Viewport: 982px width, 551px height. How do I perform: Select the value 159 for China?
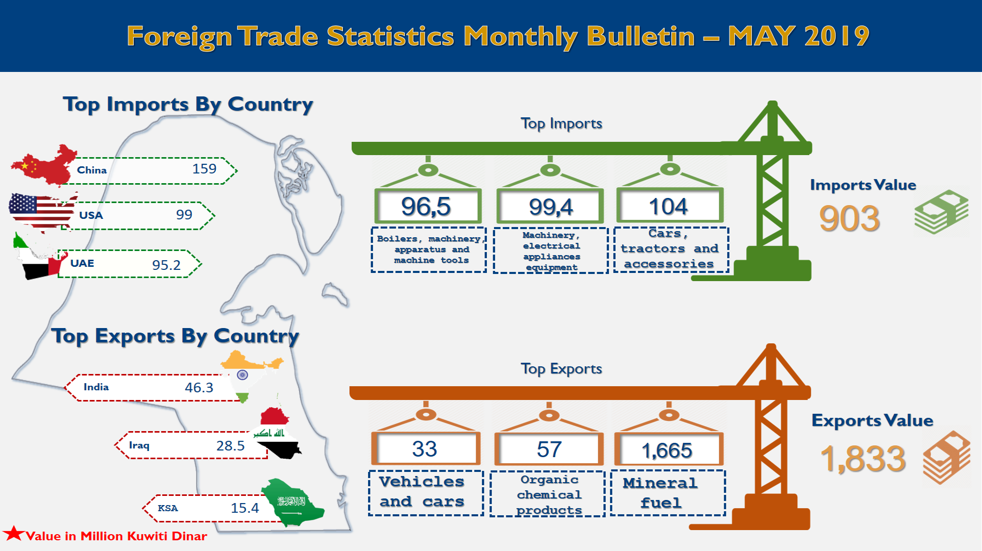click(204, 169)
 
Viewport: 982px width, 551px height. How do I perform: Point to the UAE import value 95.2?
click(166, 265)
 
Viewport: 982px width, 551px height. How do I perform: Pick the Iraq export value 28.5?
click(230, 445)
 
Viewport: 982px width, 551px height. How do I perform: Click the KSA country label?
click(168, 508)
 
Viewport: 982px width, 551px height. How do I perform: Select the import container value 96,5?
click(426, 207)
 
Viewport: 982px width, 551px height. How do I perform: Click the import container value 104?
click(668, 207)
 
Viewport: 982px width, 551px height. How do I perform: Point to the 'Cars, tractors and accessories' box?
click(671, 249)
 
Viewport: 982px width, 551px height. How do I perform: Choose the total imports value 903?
click(849, 218)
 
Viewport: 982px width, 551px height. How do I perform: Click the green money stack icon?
click(941, 212)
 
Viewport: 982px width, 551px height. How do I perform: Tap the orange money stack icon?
click(946, 457)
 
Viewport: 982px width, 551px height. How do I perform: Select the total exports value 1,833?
click(863, 458)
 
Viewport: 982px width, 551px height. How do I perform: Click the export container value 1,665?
click(667, 450)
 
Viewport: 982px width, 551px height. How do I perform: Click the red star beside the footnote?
click(14, 534)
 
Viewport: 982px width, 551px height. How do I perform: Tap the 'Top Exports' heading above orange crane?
click(561, 369)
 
